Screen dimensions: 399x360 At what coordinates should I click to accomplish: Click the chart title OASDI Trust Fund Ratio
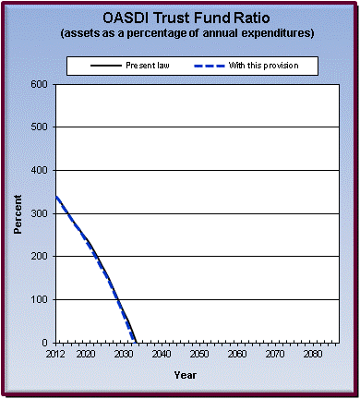pos(180,17)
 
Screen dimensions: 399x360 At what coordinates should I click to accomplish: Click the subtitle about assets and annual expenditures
pos(180,33)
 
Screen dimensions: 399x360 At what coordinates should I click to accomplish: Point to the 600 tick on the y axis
pos(40,84)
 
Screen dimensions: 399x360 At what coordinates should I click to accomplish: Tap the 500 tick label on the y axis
pos(40,127)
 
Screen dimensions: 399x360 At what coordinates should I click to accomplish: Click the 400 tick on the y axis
pos(40,171)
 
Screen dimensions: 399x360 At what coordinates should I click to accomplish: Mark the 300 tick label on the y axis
pos(40,213)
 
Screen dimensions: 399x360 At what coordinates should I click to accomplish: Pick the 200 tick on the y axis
pos(40,257)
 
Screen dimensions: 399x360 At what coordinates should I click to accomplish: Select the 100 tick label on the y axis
pos(40,300)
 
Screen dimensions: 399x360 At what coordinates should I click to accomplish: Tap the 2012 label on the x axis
pos(56,354)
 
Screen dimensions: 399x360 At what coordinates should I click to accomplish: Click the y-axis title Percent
pos(18,214)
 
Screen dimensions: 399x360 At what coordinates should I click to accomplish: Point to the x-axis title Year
pos(185,375)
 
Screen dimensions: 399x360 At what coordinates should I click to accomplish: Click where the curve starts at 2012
pos(56,197)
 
